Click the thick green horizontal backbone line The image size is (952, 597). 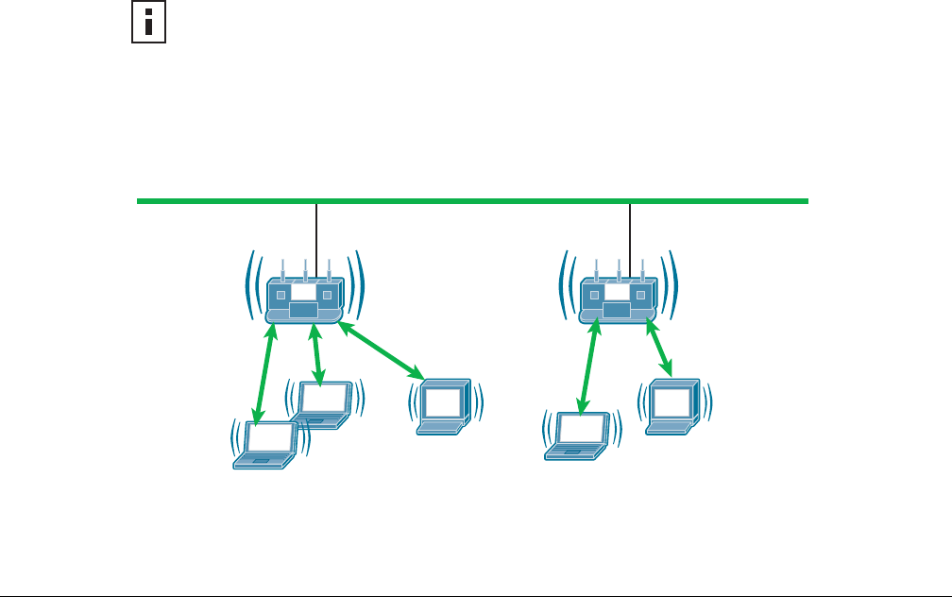[472, 201]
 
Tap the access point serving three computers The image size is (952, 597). [304, 300]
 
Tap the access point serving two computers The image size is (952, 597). [618, 300]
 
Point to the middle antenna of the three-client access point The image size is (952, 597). [305, 267]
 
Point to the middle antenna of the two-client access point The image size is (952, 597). [619, 267]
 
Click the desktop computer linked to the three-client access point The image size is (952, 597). [444, 406]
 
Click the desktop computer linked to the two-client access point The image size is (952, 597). [672, 406]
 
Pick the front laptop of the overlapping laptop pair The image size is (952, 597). [267, 445]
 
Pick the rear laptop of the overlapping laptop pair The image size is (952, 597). [324, 403]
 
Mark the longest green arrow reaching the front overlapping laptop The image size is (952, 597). [263, 372]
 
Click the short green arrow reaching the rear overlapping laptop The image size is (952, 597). [317, 352]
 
